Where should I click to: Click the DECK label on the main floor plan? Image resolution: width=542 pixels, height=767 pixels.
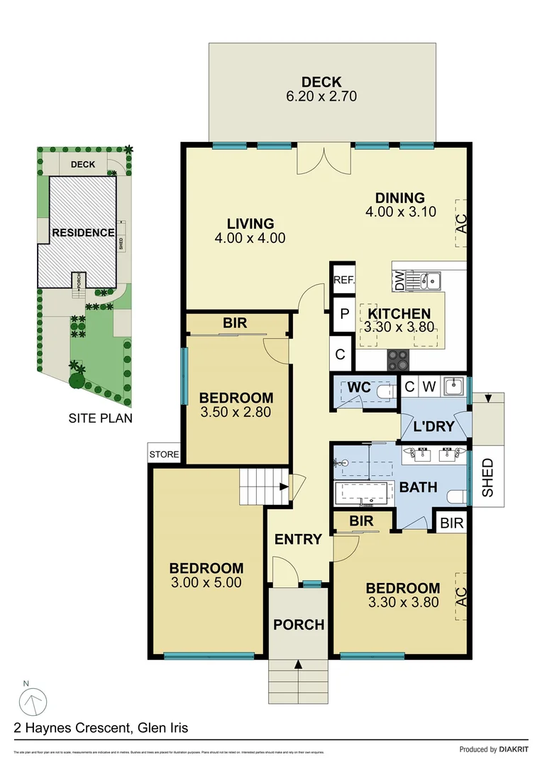pyautogui.click(x=321, y=82)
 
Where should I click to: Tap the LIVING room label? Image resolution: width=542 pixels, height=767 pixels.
pyautogui.click(x=250, y=224)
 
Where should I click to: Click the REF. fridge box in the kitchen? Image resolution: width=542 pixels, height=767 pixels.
pyautogui.click(x=344, y=281)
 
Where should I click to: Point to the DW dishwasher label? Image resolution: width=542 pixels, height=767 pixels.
pyautogui.click(x=399, y=281)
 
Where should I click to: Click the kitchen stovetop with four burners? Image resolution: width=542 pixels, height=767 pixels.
pyautogui.click(x=399, y=360)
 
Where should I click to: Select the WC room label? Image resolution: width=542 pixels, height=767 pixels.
pyautogui.click(x=360, y=388)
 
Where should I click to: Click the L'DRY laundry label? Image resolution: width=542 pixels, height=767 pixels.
pyautogui.click(x=433, y=428)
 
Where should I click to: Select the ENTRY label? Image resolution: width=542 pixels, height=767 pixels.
pyautogui.click(x=298, y=539)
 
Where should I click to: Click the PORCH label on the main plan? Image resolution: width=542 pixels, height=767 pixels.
pyautogui.click(x=299, y=625)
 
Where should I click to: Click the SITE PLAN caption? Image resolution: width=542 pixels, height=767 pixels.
pyautogui.click(x=100, y=418)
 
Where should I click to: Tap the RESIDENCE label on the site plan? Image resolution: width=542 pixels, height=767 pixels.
pyautogui.click(x=82, y=232)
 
